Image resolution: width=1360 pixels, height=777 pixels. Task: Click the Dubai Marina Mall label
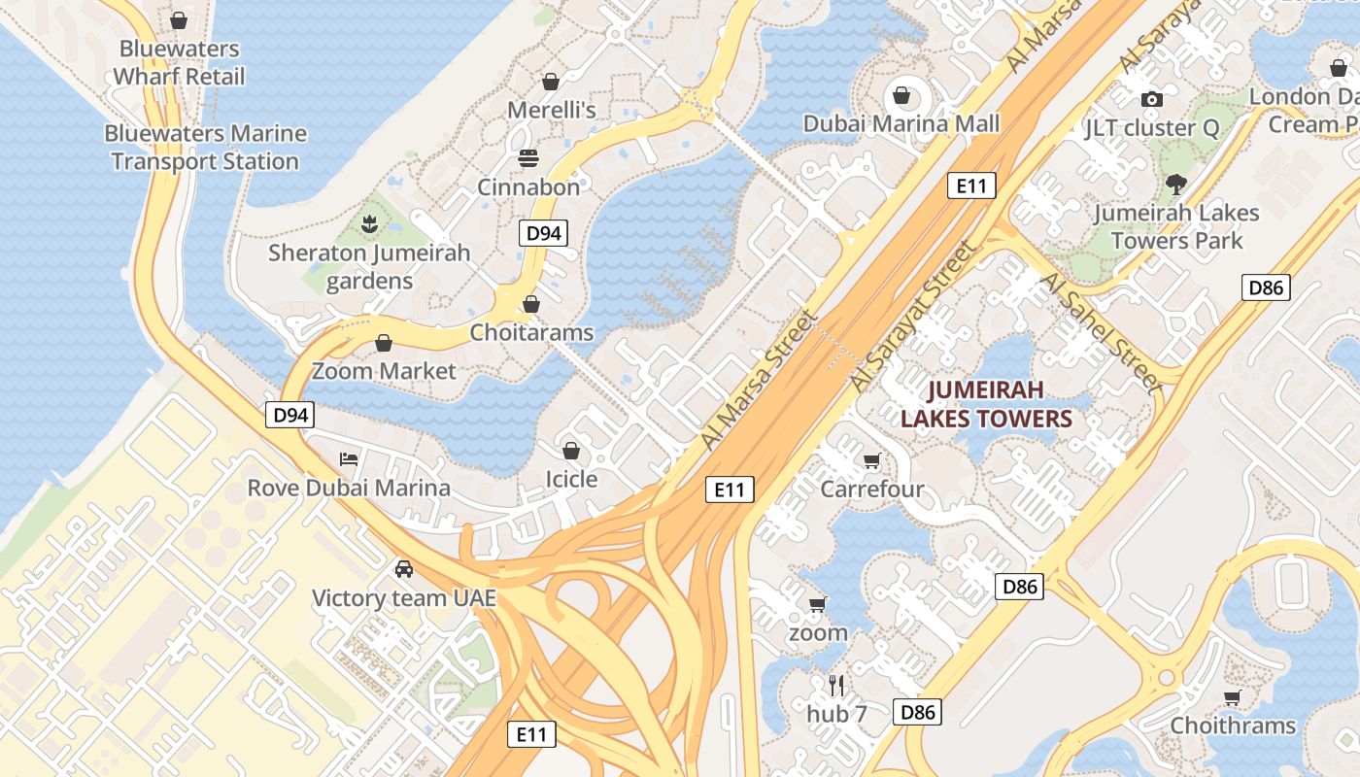[901, 124]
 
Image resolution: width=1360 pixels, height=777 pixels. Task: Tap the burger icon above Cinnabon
[528, 157]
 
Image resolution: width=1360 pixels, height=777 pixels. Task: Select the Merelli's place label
[551, 110]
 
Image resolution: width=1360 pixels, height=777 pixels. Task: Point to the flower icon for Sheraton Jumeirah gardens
[368, 225]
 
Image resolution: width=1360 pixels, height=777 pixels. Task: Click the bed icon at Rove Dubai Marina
[349, 458]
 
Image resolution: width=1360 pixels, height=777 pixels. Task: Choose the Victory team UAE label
[403, 598]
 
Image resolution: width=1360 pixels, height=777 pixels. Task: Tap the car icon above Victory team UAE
[403, 569]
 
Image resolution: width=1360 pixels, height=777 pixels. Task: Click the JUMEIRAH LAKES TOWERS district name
[985, 404]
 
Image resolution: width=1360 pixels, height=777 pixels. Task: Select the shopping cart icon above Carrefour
[871, 460]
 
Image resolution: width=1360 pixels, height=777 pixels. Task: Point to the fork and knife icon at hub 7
[836, 686]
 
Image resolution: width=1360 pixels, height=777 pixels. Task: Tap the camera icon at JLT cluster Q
[1152, 99]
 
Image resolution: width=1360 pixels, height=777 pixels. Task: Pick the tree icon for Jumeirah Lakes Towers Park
[1175, 184]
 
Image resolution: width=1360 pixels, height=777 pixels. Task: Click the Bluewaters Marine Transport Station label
[205, 148]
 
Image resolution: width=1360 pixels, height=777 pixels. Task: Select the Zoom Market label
[384, 371]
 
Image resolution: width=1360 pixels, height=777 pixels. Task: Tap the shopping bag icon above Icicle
[571, 451]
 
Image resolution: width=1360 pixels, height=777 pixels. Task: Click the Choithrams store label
[1232, 726]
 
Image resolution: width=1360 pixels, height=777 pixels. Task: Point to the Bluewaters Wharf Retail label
[179, 62]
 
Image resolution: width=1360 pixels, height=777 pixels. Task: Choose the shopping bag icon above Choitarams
[531, 304]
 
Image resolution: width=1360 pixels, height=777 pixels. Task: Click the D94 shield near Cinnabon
[542, 233]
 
